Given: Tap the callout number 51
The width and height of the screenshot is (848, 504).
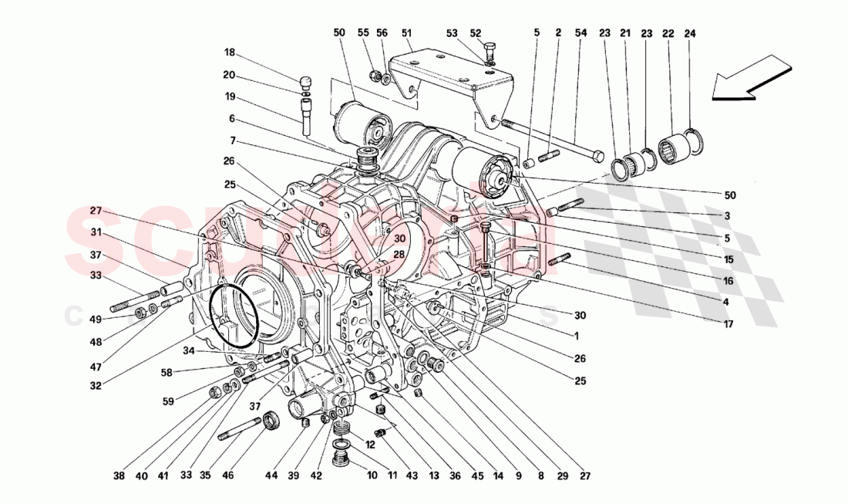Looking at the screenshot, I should point(406,33).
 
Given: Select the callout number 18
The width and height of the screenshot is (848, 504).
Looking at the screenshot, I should point(229,52).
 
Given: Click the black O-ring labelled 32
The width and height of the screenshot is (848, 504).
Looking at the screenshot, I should point(234,315).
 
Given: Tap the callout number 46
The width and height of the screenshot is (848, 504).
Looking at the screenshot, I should point(228,477).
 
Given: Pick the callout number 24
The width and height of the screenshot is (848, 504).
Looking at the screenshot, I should point(689,33).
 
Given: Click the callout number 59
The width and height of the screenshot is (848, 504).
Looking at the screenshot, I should point(168,401).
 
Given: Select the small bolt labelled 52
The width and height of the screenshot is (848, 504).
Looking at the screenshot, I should point(490,50).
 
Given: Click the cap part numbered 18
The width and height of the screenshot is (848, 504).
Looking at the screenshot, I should point(306,81).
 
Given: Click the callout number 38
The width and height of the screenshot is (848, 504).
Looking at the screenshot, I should point(118,477).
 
